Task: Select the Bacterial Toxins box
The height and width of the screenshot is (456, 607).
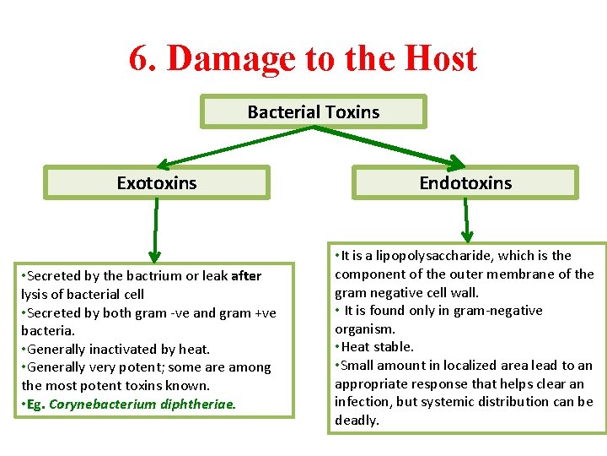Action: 314,111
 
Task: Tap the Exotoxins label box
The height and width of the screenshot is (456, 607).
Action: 157,182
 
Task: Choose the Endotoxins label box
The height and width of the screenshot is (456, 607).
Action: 465,182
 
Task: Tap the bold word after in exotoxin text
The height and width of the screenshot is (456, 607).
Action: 246,276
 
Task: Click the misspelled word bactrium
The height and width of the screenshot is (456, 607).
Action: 137,276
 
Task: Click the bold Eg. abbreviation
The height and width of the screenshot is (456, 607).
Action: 35,404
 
